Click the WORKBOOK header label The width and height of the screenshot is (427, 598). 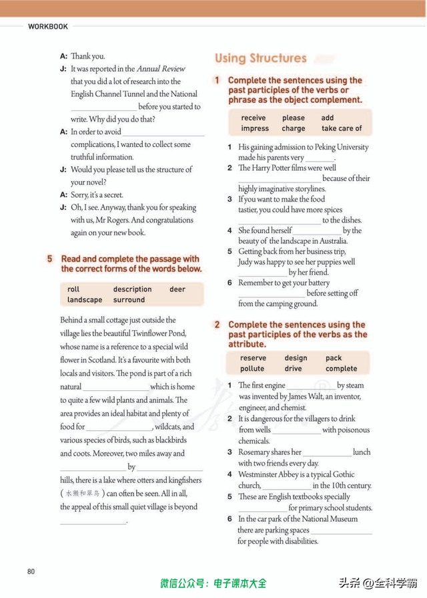click(48, 27)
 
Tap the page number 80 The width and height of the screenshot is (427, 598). click(31, 571)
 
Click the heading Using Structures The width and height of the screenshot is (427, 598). click(260, 58)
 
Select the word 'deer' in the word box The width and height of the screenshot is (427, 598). click(177, 289)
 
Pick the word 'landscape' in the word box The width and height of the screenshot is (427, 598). click(85, 300)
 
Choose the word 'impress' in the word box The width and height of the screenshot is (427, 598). click(255, 128)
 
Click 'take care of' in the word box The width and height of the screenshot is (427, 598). click(342, 128)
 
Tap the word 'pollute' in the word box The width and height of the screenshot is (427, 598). click(252, 369)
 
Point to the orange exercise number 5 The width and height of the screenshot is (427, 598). click(50, 259)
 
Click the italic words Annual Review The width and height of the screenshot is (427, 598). click(161, 69)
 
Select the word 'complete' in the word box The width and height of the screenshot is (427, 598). click(341, 369)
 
